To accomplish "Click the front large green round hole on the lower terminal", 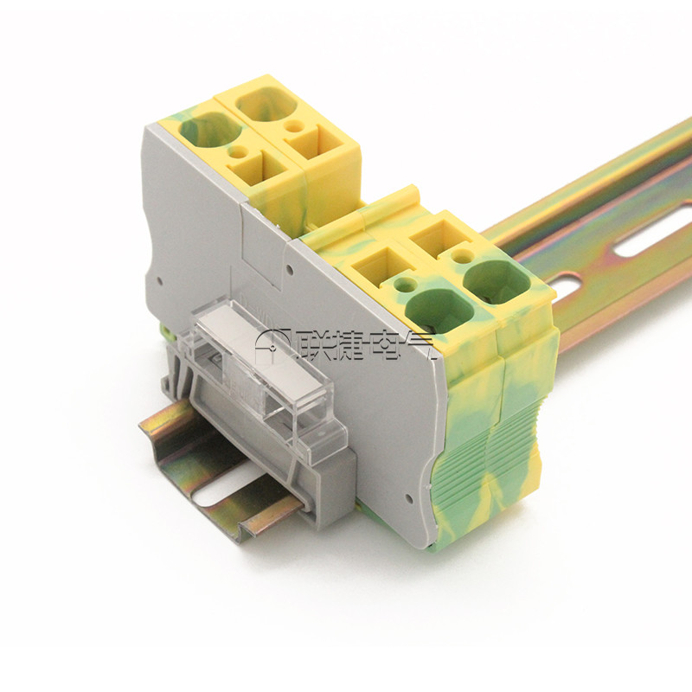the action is pyautogui.click(x=439, y=310).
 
